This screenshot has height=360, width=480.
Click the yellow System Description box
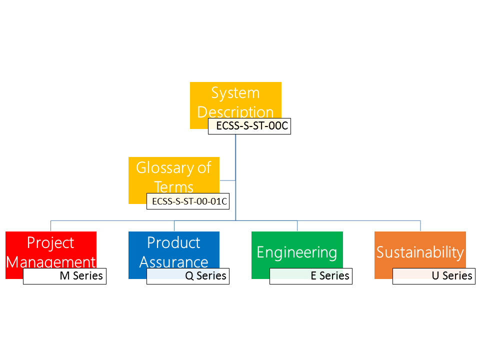235,101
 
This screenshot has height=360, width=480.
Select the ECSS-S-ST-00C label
249,126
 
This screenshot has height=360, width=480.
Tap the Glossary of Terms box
174,176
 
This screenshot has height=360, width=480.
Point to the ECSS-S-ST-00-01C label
188,201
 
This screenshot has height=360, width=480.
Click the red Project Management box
51,250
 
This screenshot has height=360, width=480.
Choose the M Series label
65,276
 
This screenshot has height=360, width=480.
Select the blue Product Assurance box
174,250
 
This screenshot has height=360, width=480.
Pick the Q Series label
188,276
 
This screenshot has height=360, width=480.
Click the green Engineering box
297,250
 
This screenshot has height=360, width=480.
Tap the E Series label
311,276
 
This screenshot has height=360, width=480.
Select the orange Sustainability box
420,250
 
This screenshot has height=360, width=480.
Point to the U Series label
434,276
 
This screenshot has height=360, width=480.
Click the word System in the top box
235,93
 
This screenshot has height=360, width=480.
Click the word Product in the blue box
173,243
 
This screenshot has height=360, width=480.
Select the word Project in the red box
50,243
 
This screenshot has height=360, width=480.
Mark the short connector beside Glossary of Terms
227,180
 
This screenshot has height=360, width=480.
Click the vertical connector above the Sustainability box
420,226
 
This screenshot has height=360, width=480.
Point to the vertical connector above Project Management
51,226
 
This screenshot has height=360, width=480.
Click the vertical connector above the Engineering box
297,226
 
